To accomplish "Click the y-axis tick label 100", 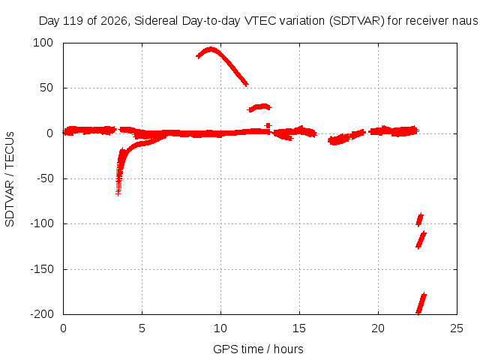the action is (43, 43).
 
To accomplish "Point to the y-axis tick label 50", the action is (46, 88).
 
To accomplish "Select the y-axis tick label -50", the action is (45, 178).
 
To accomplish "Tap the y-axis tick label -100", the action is (42, 223).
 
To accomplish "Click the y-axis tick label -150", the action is (42, 269).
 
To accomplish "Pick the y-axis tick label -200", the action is (42, 314).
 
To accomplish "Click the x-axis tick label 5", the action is (142, 328).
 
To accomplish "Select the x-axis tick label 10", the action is (220, 328).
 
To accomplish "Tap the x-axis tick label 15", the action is (299, 328).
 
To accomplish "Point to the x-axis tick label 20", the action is (378, 328).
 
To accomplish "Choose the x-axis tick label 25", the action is (457, 328).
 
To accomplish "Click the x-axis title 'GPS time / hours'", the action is (258, 349).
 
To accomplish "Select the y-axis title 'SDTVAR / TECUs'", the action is (10, 179).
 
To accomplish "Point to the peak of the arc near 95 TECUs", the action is (211, 49).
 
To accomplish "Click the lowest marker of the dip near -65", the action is (118, 193).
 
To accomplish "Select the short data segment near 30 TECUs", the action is (259, 107).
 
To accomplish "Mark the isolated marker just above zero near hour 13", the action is (268, 125).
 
